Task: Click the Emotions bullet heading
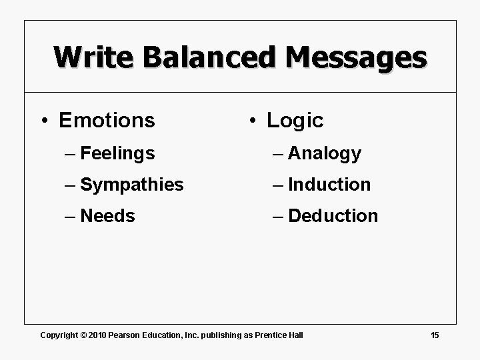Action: pyautogui.click(x=107, y=121)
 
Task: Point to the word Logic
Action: pyautogui.click(x=295, y=121)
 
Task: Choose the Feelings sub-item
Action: pyautogui.click(x=117, y=153)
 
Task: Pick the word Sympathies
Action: pyautogui.click(x=131, y=185)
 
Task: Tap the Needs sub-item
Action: pyautogui.click(x=107, y=216)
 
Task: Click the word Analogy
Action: pyautogui.click(x=325, y=153)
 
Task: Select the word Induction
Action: pyautogui.click(x=329, y=185)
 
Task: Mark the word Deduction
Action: pyautogui.click(x=333, y=216)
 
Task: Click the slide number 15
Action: pyautogui.click(x=435, y=335)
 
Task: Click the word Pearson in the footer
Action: pyautogui.click(x=124, y=335)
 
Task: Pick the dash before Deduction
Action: pyautogui.click(x=278, y=216)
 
